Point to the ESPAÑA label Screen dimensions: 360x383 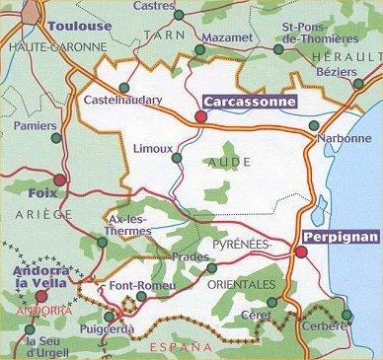click(179, 347)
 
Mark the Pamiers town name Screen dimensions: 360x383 click(38, 125)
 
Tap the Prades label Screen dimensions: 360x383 click(184, 257)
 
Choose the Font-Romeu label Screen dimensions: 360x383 click(142, 287)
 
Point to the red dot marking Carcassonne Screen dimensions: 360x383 click(201, 116)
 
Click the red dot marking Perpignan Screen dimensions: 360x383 click(300, 252)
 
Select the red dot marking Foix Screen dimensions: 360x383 click(59, 180)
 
